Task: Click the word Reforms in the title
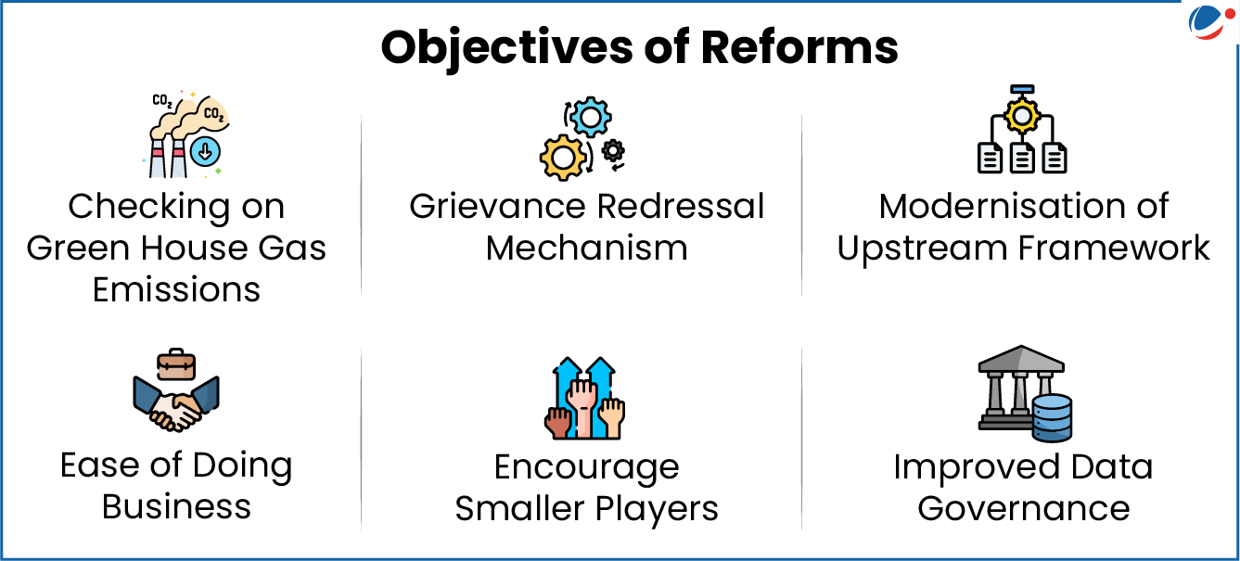click(x=799, y=47)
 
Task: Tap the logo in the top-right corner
click(x=1210, y=21)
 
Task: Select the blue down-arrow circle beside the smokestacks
click(x=205, y=151)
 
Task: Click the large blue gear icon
click(x=591, y=117)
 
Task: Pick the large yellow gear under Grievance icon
click(x=562, y=158)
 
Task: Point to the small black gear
click(x=613, y=150)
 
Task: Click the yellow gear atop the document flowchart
click(x=1022, y=116)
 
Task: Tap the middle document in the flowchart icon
click(x=1022, y=159)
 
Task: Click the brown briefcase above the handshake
click(x=176, y=364)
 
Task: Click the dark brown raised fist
click(x=558, y=423)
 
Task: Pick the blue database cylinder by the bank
click(x=1053, y=418)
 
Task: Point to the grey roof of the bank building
click(x=1021, y=359)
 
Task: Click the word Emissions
click(x=176, y=289)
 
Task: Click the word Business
click(x=176, y=506)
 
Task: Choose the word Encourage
click(x=587, y=468)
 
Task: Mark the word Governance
click(x=1024, y=508)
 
